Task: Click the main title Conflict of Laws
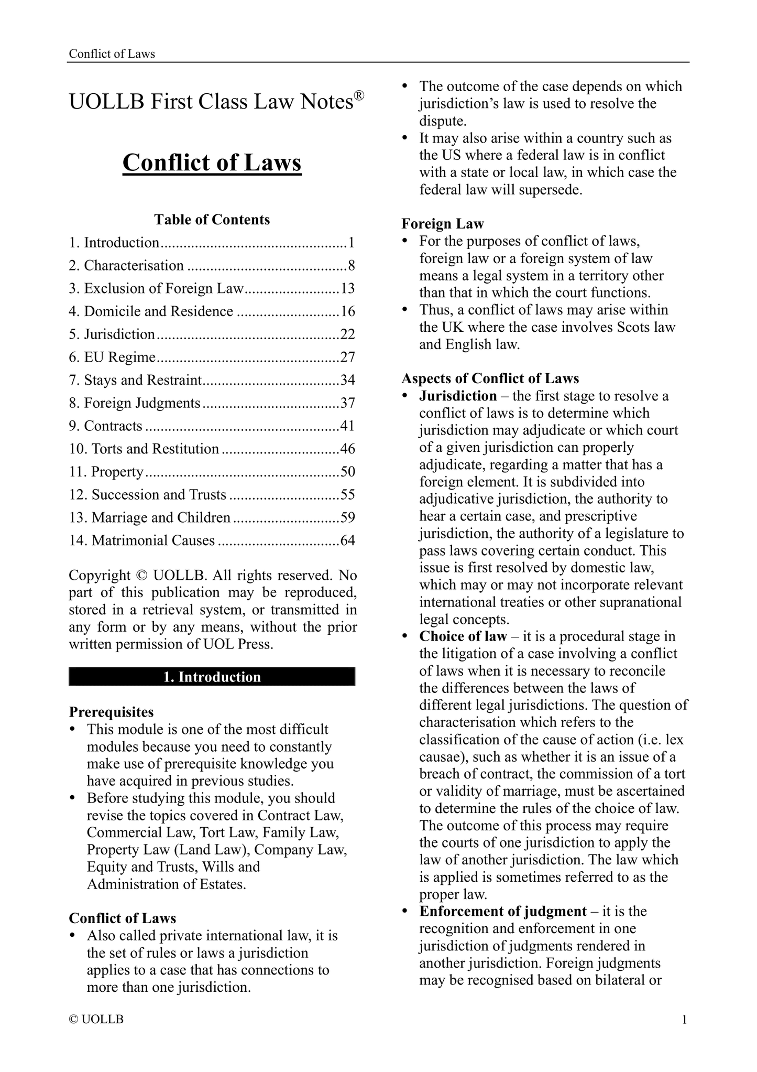click(212, 163)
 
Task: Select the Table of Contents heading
click(212, 219)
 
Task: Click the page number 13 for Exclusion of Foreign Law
click(347, 288)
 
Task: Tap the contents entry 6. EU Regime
click(112, 357)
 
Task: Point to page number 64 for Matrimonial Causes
click(347, 540)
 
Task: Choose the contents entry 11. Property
click(106, 472)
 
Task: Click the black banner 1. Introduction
click(212, 677)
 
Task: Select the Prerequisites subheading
click(112, 712)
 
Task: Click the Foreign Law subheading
click(443, 224)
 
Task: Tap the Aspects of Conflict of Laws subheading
click(490, 378)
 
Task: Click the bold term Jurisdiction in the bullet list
click(458, 396)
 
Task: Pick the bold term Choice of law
click(463, 636)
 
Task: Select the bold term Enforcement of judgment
click(503, 911)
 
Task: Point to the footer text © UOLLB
click(96, 1020)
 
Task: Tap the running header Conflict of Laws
click(112, 54)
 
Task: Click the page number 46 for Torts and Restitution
click(347, 449)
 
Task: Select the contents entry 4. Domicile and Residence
click(151, 311)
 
